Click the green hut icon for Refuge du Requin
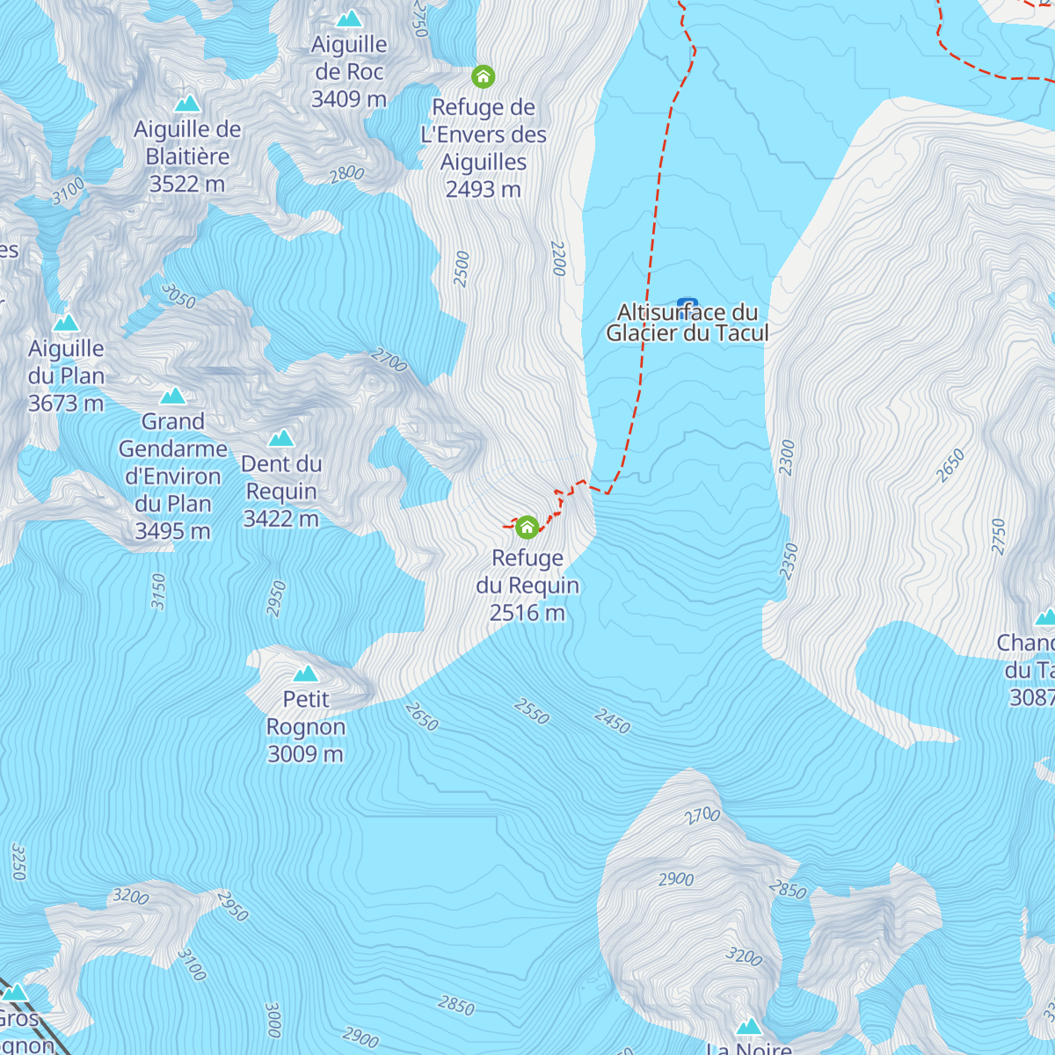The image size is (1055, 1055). [x=527, y=527]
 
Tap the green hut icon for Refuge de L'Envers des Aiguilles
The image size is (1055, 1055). [x=483, y=77]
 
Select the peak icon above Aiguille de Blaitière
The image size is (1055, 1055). [x=187, y=104]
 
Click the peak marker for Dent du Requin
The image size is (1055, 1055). [x=281, y=438]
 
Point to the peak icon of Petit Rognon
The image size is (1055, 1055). [x=306, y=673]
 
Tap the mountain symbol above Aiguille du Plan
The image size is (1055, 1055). [x=66, y=323]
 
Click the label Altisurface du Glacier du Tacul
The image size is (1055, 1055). [x=688, y=323]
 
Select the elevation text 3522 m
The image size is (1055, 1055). [x=187, y=184]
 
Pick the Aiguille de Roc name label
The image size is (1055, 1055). [x=349, y=58]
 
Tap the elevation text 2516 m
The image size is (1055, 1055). [x=527, y=613]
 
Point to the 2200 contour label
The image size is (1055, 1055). [x=558, y=258]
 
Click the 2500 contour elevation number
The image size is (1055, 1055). [x=462, y=268]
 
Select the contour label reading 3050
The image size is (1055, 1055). [x=178, y=296]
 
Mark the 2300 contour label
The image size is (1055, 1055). [x=787, y=457]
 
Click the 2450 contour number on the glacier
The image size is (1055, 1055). [x=612, y=722]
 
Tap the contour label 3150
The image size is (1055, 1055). [x=158, y=591]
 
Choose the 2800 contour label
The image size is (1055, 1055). [x=346, y=174]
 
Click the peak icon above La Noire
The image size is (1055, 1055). [x=748, y=1026]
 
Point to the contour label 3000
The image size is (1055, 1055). [x=273, y=1020]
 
